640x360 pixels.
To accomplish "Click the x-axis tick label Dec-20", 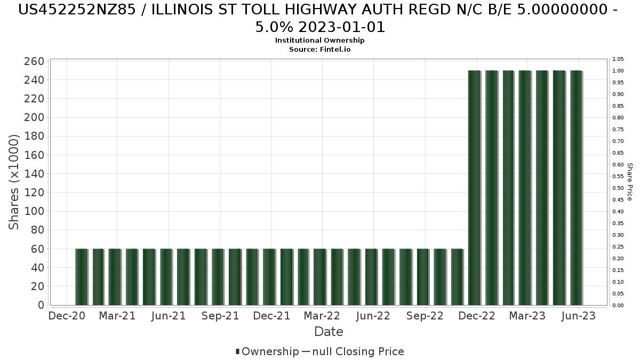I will [x=67, y=316].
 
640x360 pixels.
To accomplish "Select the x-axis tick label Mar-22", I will [x=323, y=316].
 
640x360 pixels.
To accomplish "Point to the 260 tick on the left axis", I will [x=34, y=61].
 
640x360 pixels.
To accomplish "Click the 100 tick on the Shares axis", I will [x=34, y=212].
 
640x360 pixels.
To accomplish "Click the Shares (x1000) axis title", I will [x=14, y=182].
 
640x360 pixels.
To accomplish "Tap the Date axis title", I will [x=329, y=332].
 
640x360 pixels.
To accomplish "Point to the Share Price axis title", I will [x=630, y=182].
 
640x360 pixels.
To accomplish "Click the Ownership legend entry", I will [x=267, y=351].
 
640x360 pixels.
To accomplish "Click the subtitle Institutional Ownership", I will [x=320, y=41].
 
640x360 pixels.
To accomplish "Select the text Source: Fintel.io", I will [x=320, y=49].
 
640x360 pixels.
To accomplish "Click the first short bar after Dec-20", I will [x=81, y=277].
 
